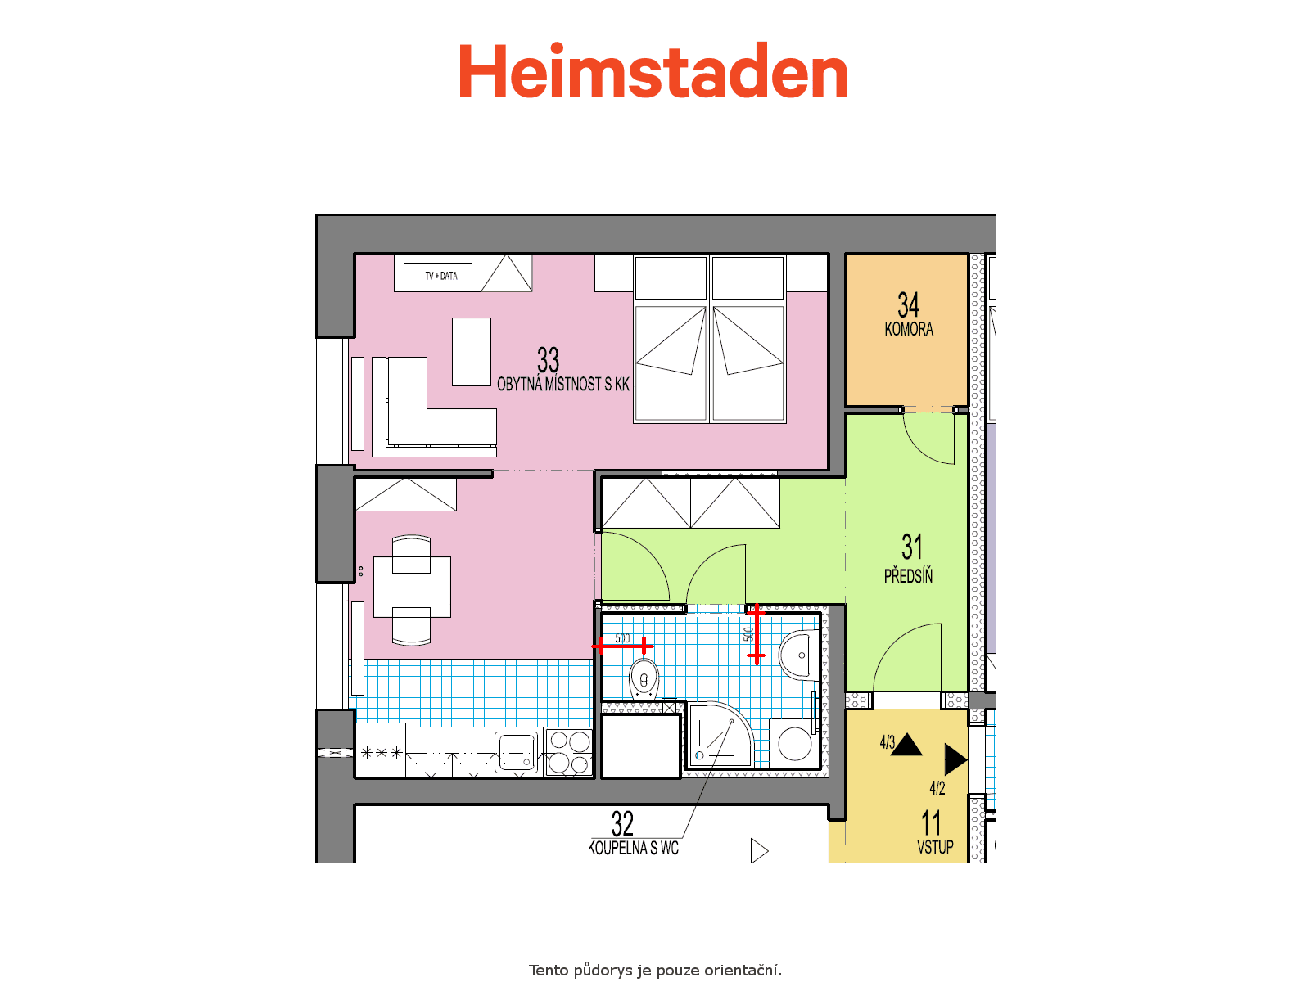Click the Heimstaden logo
coord(653,70)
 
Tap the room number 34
coord(908,304)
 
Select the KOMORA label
coord(909,329)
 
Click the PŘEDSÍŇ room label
coord(908,577)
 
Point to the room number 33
coord(548,360)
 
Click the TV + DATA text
coord(441,276)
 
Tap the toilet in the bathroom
coord(644,678)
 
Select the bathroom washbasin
coord(800,655)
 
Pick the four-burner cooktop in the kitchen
coord(569,752)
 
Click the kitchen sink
coord(517,752)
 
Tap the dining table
coord(412,588)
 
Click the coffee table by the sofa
coord(472,352)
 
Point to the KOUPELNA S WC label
coord(633,848)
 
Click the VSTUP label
coord(935,847)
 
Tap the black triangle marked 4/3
coord(906,746)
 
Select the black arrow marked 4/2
coord(955,759)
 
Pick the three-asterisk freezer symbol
coord(382,753)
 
